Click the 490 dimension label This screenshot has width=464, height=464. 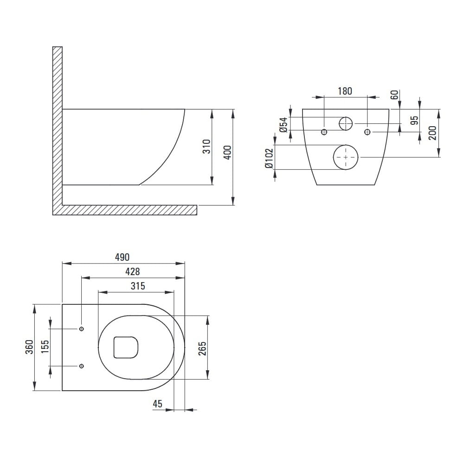(x=122, y=257)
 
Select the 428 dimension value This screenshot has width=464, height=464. (x=133, y=271)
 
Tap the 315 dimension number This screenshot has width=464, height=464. (x=138, y=286)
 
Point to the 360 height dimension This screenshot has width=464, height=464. (x=29, y=347)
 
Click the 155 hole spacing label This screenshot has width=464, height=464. (x=45, y=347)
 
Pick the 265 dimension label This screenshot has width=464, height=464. (x=202, y=348)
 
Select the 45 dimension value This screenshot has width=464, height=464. (x=157, y=404)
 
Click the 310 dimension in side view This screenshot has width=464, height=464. (x=206, y=147)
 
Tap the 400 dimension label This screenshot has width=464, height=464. (x=227, y=153)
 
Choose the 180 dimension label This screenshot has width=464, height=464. (x=345, y=91)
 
